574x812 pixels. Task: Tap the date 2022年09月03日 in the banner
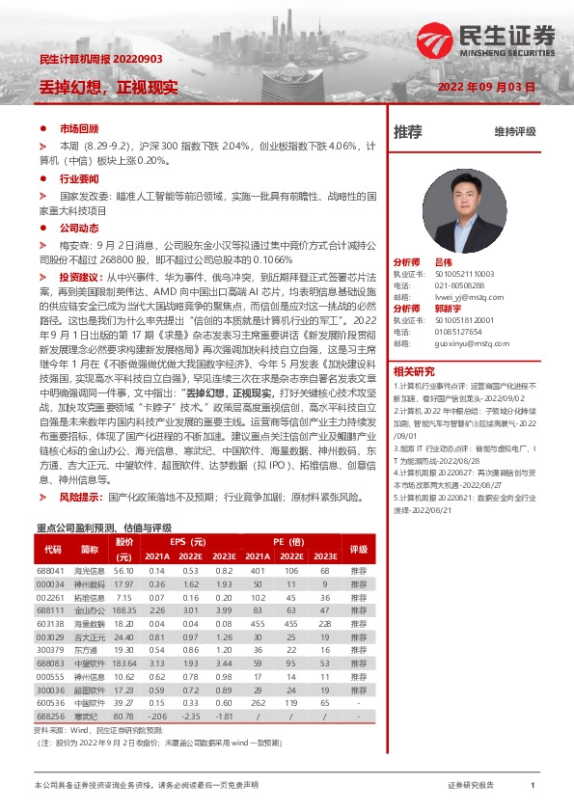pos(485,87)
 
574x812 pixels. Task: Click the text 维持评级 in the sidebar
pos(514,132)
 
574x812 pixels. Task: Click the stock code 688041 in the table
pos(49,570)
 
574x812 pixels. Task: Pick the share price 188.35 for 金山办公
pos(123,610)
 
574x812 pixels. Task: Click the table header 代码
pos(52,549)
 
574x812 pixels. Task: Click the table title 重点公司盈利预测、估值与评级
pos(103,528)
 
